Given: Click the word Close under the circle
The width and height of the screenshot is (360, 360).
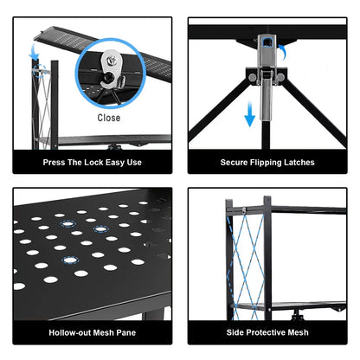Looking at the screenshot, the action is tap(109, 118).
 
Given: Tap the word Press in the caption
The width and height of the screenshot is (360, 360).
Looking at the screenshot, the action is tap(54, 163).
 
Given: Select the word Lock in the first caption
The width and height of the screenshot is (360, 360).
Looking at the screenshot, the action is tap(93, 163).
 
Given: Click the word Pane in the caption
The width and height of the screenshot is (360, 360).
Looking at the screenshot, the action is tap(126, 332).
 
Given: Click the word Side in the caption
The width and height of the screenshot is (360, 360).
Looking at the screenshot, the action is tap(235, 332).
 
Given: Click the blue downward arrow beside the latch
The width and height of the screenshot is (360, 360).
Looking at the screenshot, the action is tap(249, 114).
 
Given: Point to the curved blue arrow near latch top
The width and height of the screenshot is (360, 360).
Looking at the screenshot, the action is tap(283, 52).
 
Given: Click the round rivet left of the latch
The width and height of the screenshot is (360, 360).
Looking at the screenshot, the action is tap(253, 77).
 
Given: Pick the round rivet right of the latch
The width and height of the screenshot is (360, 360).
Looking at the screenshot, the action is tap(280, 77).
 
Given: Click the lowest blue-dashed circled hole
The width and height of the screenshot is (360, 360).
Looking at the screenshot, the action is tap(70, 260).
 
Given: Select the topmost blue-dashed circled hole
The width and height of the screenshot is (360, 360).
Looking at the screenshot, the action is tap(67, 224).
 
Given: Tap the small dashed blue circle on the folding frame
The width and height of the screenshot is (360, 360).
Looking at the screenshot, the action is tap(40, 71).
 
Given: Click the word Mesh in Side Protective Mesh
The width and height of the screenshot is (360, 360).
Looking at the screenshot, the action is tap(298, 332).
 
